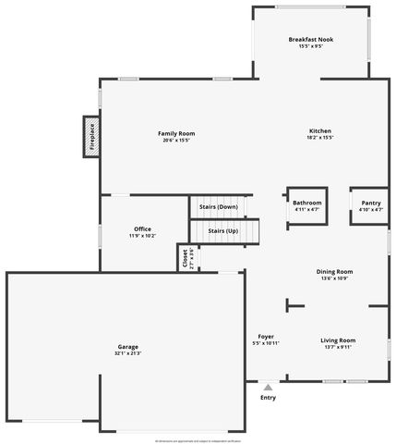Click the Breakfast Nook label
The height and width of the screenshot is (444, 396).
(x=310, y=40)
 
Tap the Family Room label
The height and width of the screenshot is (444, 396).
(x=176, y=133)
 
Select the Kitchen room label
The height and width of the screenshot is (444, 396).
(x=319, y=130)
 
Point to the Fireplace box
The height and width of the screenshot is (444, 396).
(x=91, y=137)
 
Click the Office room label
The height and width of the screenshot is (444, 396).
(x=142, y=228)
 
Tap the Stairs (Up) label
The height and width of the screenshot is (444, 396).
(x=222, y=230)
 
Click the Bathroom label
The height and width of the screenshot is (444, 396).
(x=307, y=203)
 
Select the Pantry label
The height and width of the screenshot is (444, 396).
(x=370, y=203)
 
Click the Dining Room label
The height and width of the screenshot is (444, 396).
(x=337, y=271)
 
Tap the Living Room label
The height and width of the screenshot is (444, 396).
(x=338, y=340)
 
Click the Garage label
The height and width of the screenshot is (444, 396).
(x=128, y=347)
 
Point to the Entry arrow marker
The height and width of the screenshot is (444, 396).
(x=268, y=387)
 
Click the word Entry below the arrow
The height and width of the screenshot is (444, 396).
(x=268, y=398)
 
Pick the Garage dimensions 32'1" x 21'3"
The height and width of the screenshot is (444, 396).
(x=128, y=353)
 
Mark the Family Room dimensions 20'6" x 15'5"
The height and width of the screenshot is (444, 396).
(x=176, y=140)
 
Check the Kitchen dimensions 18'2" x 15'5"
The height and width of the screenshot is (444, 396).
(x=319, y=137)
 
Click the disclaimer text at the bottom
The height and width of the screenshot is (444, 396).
(x=198, y=440)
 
